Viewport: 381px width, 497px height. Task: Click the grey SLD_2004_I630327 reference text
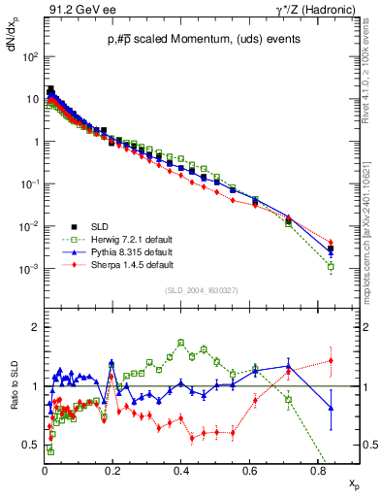202,289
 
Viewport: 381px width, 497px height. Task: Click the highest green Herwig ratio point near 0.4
181,343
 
